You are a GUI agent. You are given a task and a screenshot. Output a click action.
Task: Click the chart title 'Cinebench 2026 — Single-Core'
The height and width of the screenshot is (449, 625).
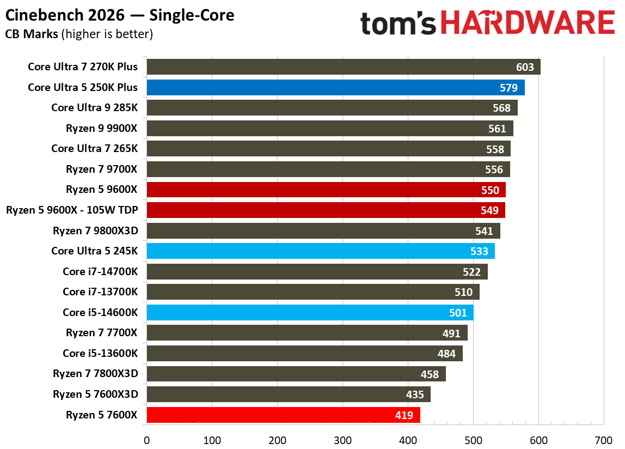(x=120, y=15)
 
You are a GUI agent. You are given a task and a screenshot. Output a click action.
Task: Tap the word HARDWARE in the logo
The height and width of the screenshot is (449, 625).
(x=527, y=23)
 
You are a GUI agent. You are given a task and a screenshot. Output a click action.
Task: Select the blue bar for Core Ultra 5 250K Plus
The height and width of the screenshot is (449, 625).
(x=335, y=88)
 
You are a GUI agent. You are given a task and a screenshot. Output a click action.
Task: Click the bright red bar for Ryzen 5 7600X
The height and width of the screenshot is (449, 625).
(x=283, y=415)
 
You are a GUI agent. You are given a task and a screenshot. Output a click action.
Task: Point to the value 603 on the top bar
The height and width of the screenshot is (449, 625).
(x=525, y=67)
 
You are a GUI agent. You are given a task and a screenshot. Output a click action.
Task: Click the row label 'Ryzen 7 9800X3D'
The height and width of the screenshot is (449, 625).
(x=95, y=230)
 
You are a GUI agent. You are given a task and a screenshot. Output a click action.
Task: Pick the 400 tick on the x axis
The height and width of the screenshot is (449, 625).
(x=408, y=440)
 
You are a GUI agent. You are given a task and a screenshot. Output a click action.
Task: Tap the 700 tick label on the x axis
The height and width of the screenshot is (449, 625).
(x=604, y=440)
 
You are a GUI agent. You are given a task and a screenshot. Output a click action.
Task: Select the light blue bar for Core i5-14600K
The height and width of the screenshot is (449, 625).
(x=310, y=313)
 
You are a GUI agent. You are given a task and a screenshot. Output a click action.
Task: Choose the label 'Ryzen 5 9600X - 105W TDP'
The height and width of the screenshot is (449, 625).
(x=72, y=210)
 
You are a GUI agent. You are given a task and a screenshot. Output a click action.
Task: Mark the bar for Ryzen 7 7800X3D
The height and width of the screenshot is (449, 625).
(x=296, y=374)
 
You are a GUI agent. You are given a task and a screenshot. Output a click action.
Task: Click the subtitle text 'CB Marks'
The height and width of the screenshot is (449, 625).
(x=32, y=34)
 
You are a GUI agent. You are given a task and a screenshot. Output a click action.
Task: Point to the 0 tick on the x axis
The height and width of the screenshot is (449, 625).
(x=146, y=440)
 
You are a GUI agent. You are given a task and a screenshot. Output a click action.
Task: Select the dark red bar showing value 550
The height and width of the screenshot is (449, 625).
(x=326, y=190)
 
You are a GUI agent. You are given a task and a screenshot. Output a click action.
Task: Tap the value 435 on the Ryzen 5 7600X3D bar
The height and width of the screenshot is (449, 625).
(x=415, y=395)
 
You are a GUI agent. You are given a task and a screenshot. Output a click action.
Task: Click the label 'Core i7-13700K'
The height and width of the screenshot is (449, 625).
(x=100, y=292)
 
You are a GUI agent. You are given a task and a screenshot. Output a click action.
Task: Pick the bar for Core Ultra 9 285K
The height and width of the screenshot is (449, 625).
(x=332, y=108)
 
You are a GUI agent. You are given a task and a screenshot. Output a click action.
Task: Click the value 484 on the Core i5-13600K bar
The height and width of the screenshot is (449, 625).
(x=446, y=354)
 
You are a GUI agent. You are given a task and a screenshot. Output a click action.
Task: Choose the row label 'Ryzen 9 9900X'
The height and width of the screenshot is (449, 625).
(x=102, y=128)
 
